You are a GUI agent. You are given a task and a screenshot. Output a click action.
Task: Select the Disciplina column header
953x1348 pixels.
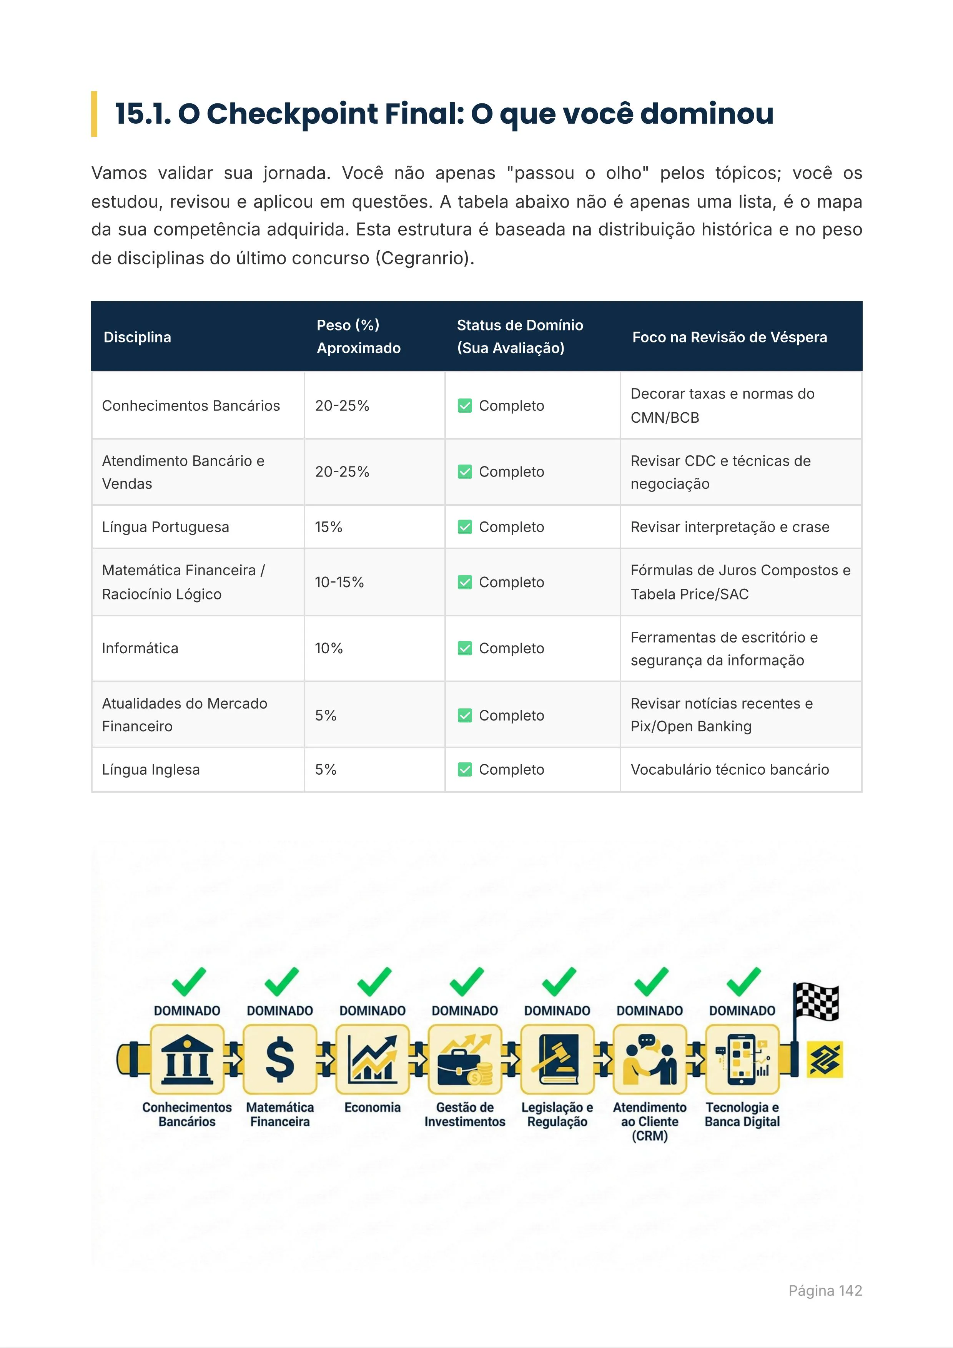(137, 337)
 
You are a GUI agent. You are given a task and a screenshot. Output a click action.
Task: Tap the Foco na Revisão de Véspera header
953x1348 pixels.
(729, 337)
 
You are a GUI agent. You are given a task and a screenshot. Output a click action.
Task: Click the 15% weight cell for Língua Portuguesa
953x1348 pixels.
(329, 527)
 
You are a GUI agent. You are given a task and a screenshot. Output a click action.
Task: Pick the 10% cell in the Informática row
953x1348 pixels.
(329, 648)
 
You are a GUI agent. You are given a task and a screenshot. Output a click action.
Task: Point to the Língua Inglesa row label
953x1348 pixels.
(151, 770)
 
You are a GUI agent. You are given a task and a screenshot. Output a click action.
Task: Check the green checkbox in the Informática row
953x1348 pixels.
(464, 648)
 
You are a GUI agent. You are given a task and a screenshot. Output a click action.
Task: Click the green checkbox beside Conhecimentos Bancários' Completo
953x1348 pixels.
(464, 406)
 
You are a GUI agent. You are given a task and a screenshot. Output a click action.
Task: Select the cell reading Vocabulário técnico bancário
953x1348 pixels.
(729, 770)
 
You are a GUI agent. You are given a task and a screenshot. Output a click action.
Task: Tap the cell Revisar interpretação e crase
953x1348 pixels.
(729, 527)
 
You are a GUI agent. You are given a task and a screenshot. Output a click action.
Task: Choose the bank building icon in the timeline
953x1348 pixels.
(187, 1060)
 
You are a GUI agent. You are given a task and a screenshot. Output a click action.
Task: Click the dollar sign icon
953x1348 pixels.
(279, 1060)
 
